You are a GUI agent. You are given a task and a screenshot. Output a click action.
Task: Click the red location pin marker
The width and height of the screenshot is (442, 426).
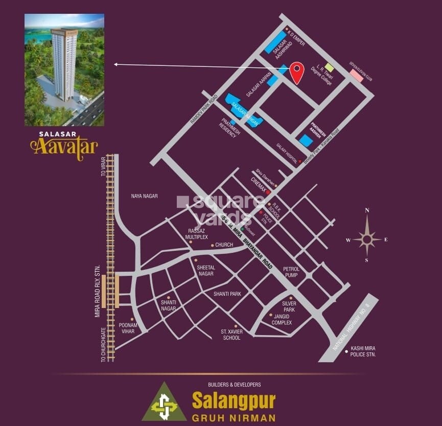pyautogui.click(x=296, y=72)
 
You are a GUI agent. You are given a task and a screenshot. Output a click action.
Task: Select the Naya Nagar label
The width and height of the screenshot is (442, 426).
pyautogui.click(x=144, y=196)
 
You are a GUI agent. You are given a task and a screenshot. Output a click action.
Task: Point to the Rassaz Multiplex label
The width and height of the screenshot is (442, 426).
pyautogui.click(x=197, y=234)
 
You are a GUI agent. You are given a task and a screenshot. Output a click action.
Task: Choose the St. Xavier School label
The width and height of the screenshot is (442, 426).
pyautogui.click(x=231, y=335)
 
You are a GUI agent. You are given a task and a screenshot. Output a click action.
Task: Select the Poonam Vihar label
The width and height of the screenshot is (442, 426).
pyautogui.click(x=127, y=328)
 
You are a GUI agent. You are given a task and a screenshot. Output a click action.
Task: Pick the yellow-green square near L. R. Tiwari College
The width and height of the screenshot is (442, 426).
pyautogui.click(x=330, y=67)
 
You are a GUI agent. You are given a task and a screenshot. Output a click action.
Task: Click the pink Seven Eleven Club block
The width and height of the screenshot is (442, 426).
pyautogui.click(x=356, y=75)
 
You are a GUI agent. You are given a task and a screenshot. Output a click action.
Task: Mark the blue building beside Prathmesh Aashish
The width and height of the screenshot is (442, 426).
pyautogui.click(x=306, y=140)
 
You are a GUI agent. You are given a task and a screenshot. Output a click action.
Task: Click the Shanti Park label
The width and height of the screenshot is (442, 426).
pyautogui.click(x=227, y=294)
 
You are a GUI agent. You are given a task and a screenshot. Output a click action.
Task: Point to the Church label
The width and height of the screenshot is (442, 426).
pyautogui.click(x=224, y=245)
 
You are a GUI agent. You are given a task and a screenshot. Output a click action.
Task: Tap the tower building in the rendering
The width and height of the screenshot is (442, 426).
pyautogui.click(x=64, y=64)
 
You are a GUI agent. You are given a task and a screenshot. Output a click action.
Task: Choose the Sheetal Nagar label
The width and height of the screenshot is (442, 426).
pyautogui.click(x=206, y=271)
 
